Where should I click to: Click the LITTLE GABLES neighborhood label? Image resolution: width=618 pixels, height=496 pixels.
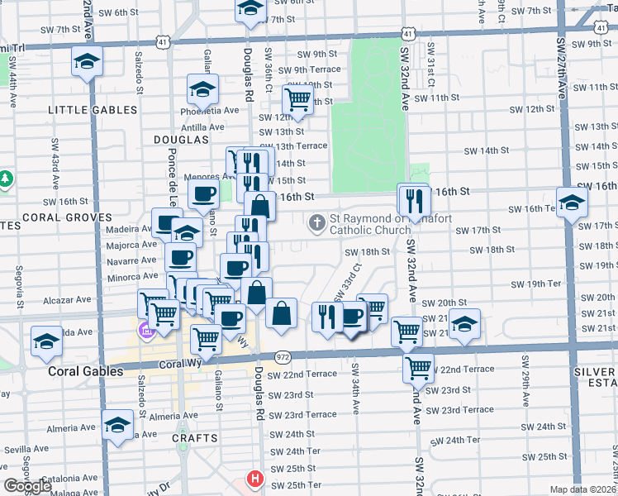tap(93, 110)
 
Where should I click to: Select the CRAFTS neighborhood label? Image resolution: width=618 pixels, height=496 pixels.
tap(195, 438)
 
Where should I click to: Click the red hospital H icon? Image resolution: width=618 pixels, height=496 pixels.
tap(256, 479)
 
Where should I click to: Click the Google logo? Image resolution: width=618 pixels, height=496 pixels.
tap(27, 486)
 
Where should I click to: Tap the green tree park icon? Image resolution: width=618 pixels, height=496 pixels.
tap(6, 179)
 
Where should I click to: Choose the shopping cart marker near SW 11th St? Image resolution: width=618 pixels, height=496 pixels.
tap(297, 100)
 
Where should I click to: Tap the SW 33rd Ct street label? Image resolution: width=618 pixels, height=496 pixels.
tap(348, 283)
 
